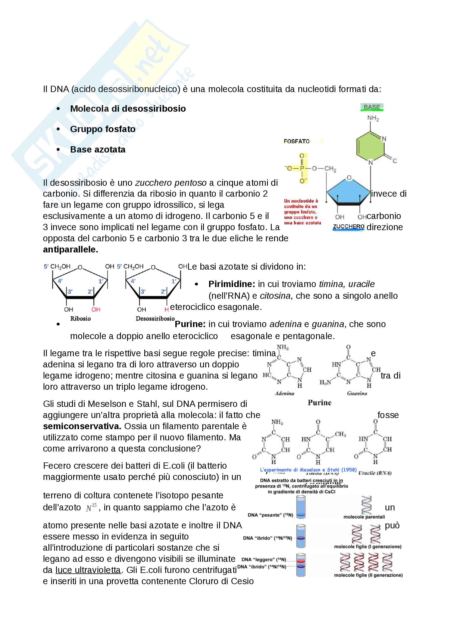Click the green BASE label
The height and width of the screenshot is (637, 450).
372,107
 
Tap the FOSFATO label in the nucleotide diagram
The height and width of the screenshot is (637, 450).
296,141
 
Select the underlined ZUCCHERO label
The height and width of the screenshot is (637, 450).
348,226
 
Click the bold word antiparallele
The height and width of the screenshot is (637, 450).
71,249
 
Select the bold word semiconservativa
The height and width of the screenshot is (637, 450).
82,426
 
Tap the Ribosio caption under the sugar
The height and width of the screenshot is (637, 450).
80,319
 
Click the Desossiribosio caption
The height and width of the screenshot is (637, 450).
155,319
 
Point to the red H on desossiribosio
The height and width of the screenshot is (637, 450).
166,309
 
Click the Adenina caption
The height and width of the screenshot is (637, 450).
284,394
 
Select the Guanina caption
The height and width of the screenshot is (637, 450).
357,394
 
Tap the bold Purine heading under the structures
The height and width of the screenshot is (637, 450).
319,403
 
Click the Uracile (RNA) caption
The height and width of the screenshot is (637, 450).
375,473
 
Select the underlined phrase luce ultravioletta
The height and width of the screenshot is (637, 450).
88,570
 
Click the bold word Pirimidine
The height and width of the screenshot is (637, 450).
231,284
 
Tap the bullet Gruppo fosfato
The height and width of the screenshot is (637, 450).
103,129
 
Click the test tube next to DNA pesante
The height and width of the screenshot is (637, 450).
301,507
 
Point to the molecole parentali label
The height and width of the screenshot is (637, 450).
364,517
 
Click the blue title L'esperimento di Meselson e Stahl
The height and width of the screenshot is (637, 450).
308,470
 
